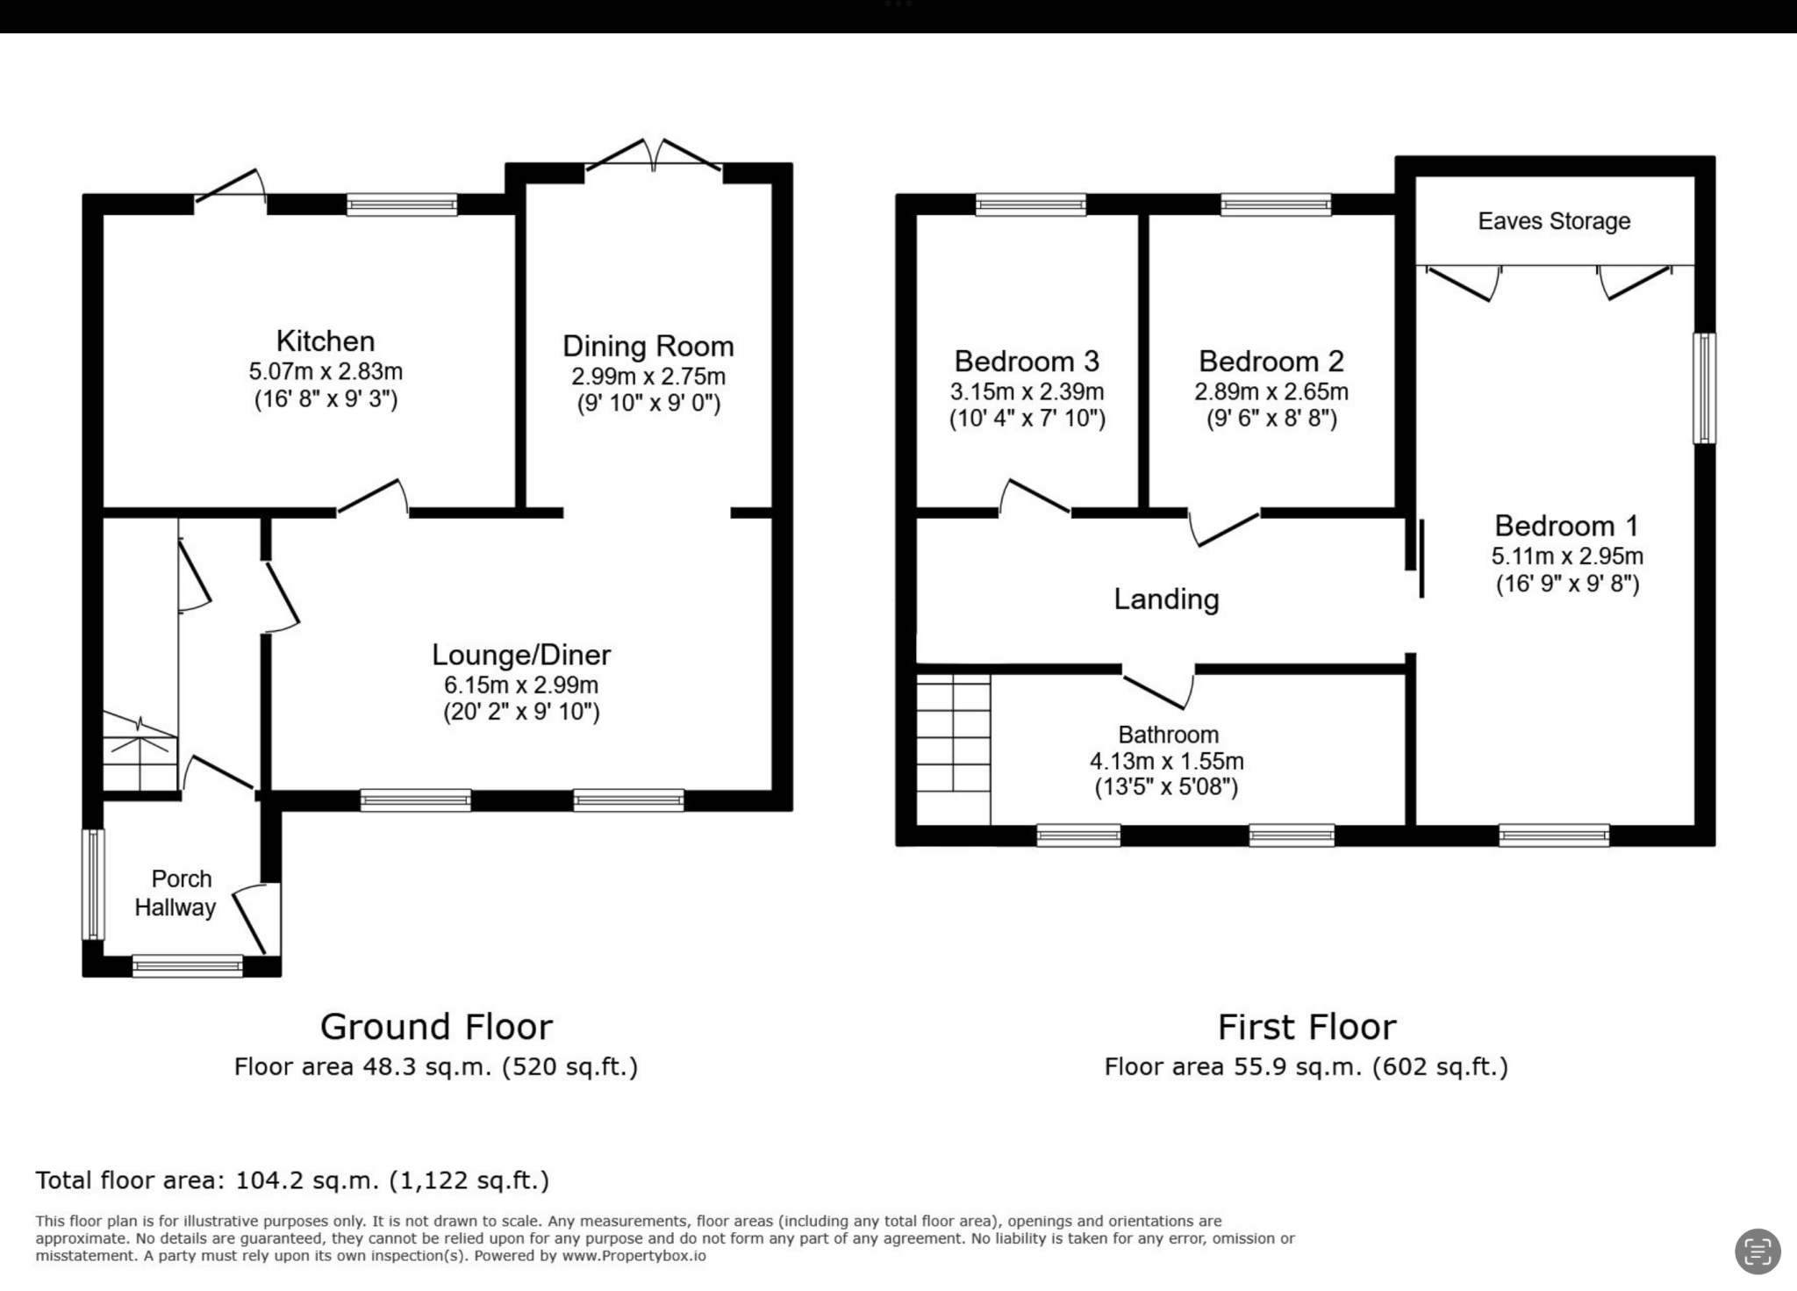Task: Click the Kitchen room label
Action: [x=325, y=341]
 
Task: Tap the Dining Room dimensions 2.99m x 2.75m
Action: [x=648, y=377]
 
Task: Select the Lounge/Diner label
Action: [x=521, y=655]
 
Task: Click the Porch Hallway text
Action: [x=178, y=893]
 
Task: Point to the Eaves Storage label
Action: [x=1554, y=221]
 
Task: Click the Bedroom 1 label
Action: [x=1566, y=526]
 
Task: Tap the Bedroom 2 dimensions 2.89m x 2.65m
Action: [x=1271, y=391]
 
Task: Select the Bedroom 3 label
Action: [x=1027, y=362]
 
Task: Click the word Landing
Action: [x=1166, y=599]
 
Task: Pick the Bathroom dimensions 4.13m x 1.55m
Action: [x=1166, y=761]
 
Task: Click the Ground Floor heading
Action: [x=436, y=1026]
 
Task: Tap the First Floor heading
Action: [x=1307, y=1026]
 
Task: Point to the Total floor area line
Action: [x=292, y=1180]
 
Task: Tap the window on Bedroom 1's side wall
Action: [x=1704, y=388]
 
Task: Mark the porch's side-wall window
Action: [x=93, y=884]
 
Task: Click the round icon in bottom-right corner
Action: [x=1758, y=1251]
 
